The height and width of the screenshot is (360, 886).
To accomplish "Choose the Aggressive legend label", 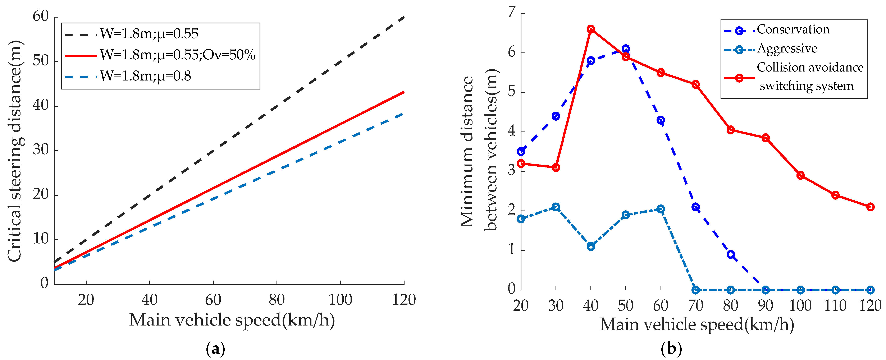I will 787,49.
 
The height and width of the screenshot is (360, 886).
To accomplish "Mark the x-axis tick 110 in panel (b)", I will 835,305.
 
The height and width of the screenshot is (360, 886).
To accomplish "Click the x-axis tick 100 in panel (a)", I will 340,300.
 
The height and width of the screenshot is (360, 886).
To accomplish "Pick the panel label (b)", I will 671,349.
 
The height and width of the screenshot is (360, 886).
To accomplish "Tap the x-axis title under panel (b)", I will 697,324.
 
